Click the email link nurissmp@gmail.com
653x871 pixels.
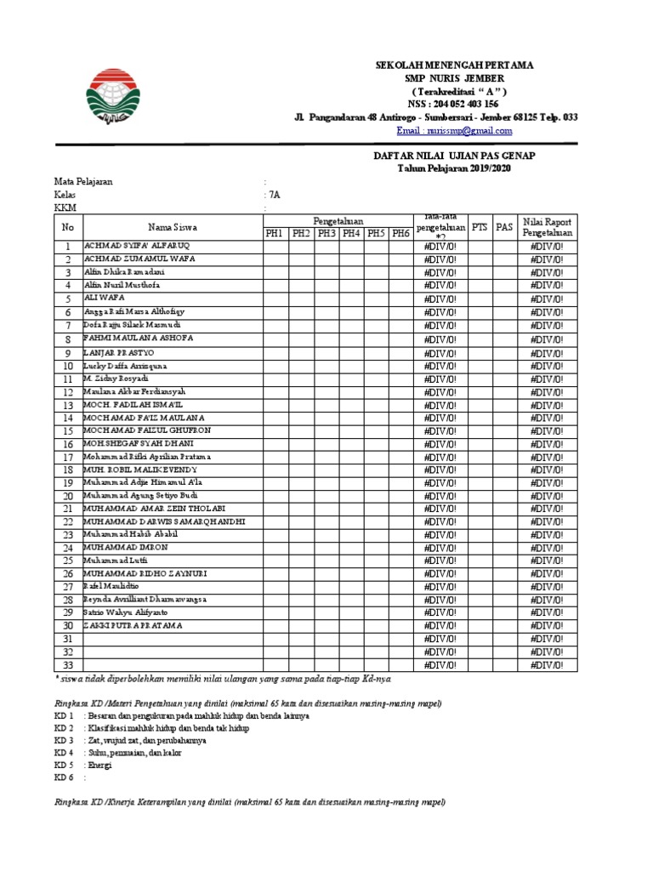tap(454, 131)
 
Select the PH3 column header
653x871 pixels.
tap(326, 233)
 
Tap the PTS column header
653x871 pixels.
tap(480, 227)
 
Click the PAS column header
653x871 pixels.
tap(505, 227)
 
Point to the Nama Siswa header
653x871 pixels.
tap(173, 227)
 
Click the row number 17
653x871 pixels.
tap(67, 458)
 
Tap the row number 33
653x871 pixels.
tap(67, 665)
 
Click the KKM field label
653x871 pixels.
tap(65, 208)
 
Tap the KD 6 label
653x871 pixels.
tap(65, 777)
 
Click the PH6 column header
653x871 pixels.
tap(400, 233)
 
